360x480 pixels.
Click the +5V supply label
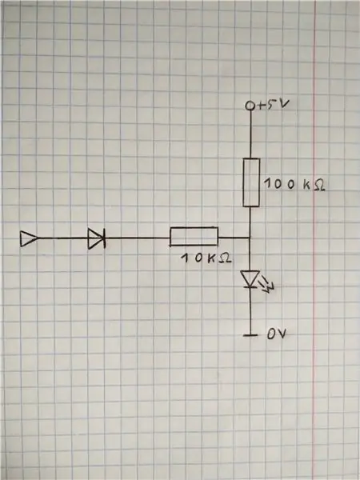274,105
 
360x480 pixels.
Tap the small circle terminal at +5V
250,106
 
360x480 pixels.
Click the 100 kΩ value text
294,184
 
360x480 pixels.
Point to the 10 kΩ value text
206,258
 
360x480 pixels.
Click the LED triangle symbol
250,279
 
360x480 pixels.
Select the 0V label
277,334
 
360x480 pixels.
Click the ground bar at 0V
250,335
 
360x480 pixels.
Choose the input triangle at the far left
29,238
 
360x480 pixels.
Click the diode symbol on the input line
97,238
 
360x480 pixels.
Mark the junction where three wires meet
250,238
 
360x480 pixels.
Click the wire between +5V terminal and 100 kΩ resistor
250,134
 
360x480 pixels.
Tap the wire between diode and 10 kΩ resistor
138,238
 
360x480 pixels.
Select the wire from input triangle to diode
62,238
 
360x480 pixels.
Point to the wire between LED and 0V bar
250,311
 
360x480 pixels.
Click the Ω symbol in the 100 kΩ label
319,186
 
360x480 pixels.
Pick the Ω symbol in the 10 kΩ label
226,258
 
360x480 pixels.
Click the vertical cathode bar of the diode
104,238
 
